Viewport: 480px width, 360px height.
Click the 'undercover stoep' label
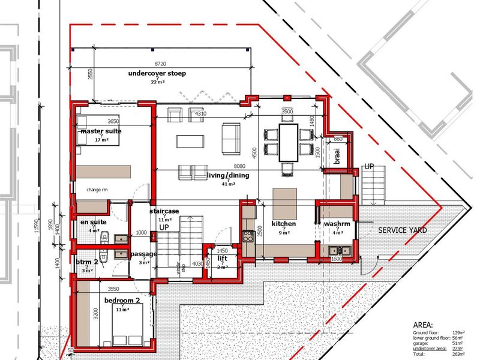pyautogui.click(x=157, y=73)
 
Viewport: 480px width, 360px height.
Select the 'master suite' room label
pyautogui.click(x=100, y=131)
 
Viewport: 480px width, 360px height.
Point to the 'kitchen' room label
pyautogui.click(x=284, y=223)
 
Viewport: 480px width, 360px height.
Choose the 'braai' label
pyautogui.click(x=337, y=158)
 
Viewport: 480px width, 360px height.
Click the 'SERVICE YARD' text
pyautogui.click(x=400, y=230)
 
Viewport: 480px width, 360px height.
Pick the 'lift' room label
pyautogui.click(x=222, y=258)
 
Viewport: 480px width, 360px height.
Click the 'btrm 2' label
pyautogui.click(x=88, y=262)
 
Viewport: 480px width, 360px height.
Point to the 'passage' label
pyautogui.click(x=143, y=254)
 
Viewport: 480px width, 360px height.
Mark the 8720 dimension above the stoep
pyautogui.click(x=161, y=62)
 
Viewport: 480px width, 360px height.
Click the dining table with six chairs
pyautogui.click(x=289, y=142)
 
